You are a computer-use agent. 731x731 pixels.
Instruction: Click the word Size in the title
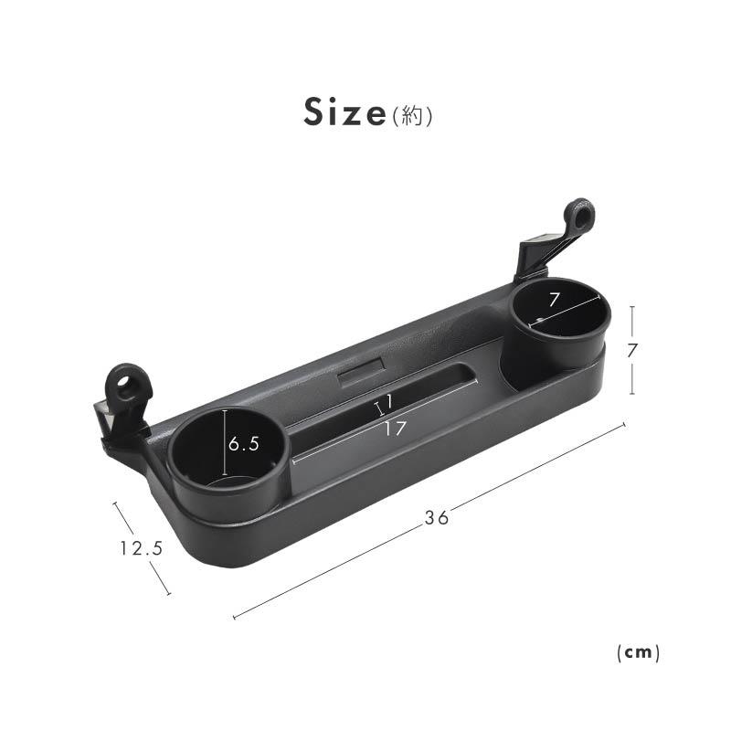(344, 111)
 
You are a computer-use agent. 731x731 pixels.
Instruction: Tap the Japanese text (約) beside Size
(412, 115)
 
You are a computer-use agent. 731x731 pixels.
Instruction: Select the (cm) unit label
(638, 652)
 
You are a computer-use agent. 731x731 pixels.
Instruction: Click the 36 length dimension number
(437, 517)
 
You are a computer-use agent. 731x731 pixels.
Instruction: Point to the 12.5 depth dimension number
(142, 547)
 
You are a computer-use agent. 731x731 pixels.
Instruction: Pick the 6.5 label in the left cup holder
(244, 444)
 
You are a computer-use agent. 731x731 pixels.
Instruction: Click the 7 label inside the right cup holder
(554, 300)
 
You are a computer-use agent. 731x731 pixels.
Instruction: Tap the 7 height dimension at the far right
(631, 350)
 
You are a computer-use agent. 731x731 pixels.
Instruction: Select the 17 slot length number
(396, 429)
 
